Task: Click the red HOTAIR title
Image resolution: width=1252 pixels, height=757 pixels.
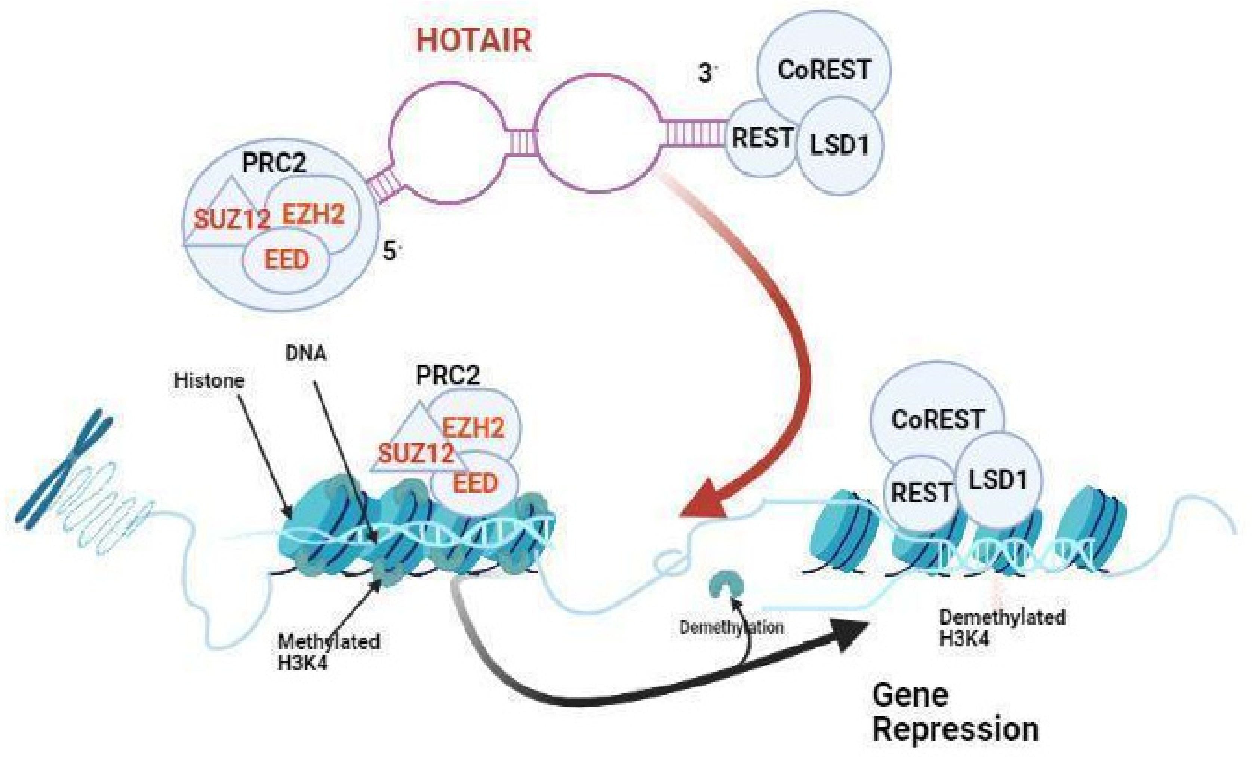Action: (x=474, y=41)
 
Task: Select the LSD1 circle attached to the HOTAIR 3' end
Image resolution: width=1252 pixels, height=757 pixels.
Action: (x=839, y=146)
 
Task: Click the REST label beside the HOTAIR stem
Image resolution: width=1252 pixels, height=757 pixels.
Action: (x=762, y=137)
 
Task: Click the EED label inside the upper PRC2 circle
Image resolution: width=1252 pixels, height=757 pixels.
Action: (x=286, y=260)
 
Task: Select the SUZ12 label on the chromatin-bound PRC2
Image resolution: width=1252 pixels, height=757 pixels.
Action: (x=416, y=453)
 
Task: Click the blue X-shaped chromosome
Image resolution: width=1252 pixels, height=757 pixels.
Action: (x=65, y=468)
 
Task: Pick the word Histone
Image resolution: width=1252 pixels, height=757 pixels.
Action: (x=209, y=381)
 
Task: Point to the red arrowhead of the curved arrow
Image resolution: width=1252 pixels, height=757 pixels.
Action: (x=706, y=503)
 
